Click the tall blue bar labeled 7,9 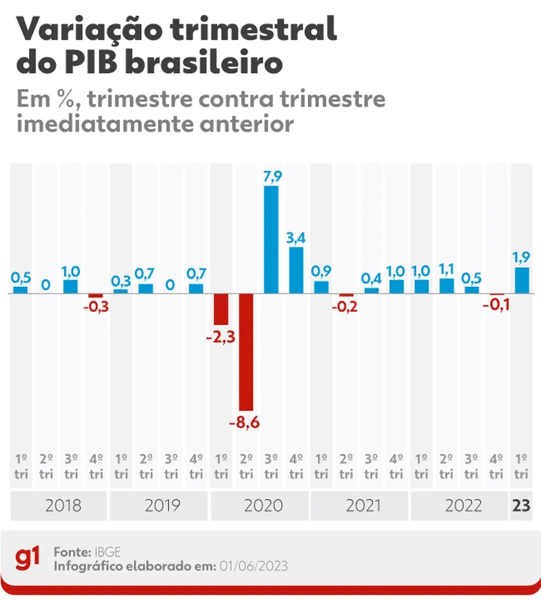(x=271, y=239)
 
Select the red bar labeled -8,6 (x=246, y=352)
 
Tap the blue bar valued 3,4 (x=296, y=270)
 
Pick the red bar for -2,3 (x=221, y=309)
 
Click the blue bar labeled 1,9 (x=522, y=280)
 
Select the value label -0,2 (x=346, y=307)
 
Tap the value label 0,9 (x=322, y=271)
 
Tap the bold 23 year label (x=521, y=505)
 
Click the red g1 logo (x=27, y=559)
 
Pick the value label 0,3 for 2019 (x=121, y=281)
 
